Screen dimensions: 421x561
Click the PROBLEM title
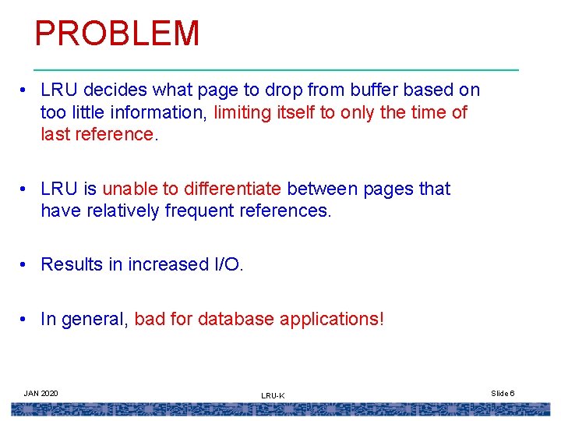point(117,34)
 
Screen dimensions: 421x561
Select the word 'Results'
point(72,264)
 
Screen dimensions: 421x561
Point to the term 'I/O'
point(228,264)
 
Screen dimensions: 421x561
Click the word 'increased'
point(168,264)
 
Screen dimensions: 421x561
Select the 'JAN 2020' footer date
point(41,393)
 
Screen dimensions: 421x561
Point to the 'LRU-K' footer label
point(273,396)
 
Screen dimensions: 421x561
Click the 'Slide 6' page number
point(503,393)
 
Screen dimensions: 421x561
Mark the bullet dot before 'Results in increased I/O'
point(26,265)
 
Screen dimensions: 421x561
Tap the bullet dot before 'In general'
point(26,320)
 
